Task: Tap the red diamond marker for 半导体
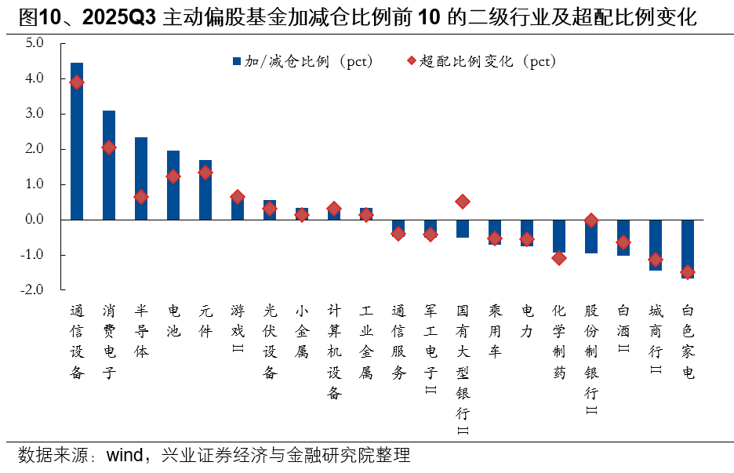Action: [141, 197]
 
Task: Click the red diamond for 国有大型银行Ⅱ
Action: [463, 202]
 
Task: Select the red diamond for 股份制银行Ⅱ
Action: [591, 221]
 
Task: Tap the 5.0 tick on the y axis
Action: [34, 44]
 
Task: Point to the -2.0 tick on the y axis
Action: [32, 290]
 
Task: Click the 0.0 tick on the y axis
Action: [34, 220]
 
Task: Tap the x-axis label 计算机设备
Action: [334, 351]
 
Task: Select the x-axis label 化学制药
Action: [559, 342]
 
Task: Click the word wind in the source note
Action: [124, 455]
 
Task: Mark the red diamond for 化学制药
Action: [559, 257]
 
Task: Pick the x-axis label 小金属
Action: [302, 332]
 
